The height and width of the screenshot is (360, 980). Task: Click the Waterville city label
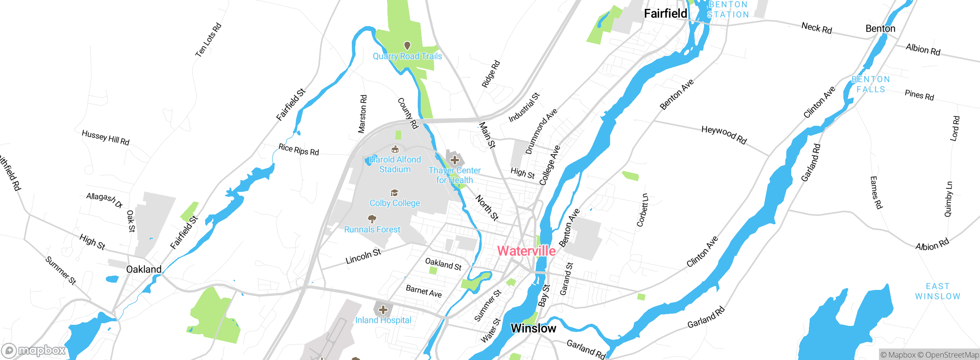tap(526, 251)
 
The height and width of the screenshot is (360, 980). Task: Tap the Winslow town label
tap(533, 328)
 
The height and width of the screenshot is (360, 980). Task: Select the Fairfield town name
tap(665, 13)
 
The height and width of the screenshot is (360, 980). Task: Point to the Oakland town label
tap(144, 269)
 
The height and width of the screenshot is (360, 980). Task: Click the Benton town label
tap(880, 29)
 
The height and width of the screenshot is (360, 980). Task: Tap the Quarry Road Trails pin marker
tap(407, 46)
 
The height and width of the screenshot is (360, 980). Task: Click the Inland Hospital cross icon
tap(383, 309)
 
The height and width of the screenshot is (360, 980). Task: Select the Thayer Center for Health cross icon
tap(454, 160)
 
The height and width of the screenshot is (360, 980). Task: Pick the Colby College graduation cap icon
tap(394, 193)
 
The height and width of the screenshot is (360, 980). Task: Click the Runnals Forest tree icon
tap(372, 219)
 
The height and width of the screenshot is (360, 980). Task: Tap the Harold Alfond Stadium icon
tap(395, 149)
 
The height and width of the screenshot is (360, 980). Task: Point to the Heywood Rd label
tap(724, 135)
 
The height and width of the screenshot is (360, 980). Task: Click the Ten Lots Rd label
tap(208, 40)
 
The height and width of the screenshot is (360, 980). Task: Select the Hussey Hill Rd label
tap(106, 137)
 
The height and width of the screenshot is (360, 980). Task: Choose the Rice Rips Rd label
tap(299, 149)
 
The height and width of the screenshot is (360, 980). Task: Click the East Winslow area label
tap(938, 291)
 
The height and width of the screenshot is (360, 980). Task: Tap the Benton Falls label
tap(871, 84)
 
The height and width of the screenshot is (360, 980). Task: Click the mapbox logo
tap(34, 350)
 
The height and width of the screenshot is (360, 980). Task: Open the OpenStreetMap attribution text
tap(952, 355)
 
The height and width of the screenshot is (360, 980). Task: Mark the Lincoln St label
tap(363, 256)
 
